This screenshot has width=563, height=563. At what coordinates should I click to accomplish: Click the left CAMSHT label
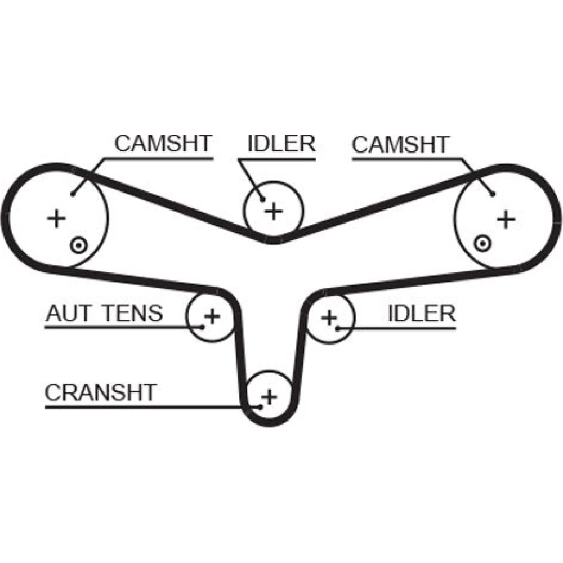[163, 144]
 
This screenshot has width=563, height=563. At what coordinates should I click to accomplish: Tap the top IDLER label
[281, 144]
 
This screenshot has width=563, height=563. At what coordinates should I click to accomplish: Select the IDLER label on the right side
[421, 313]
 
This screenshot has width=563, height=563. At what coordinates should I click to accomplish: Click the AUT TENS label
[104, 313]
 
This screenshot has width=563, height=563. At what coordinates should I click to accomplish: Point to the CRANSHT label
[100, 392]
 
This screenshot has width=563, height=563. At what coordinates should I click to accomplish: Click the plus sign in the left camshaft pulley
[56, 218]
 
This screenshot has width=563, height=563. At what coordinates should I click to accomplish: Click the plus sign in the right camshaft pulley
[506, 218]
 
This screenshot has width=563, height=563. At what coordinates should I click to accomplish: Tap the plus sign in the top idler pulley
[274, 211]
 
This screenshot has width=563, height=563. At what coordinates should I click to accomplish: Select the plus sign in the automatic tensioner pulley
[212, 316]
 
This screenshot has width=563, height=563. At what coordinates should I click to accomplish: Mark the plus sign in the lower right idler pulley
[329, 318]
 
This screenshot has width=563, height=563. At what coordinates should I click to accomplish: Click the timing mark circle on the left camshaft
[78, 245]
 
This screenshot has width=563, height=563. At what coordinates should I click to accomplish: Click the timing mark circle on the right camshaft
[481, 244]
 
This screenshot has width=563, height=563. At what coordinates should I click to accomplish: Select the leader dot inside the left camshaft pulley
[73, 194]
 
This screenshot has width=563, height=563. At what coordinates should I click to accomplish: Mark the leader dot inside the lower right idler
[338, 327]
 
